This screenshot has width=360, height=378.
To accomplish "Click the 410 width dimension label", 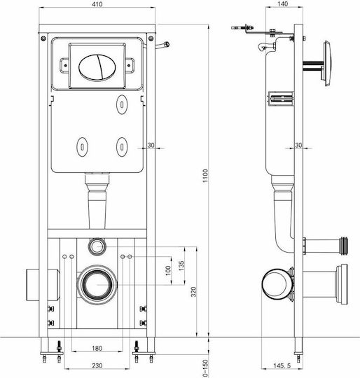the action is [x=97, y=4].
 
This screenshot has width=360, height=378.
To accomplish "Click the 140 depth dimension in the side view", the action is [x=282, y=4].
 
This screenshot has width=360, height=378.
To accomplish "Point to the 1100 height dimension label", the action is [x=205, y=176].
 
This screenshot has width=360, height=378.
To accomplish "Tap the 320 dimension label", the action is [x=193, y=292].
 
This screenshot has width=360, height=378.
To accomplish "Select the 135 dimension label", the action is [x=181, y=265].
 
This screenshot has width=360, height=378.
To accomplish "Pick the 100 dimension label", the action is [x=168, y=270].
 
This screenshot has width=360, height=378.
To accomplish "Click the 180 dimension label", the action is [x=97, y=348].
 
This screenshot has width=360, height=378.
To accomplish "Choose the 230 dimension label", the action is [x=97, y=365].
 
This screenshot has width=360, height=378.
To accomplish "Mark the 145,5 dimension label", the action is [x=282, y=365].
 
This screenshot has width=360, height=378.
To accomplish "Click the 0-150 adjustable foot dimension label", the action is [x=205, y=368].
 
